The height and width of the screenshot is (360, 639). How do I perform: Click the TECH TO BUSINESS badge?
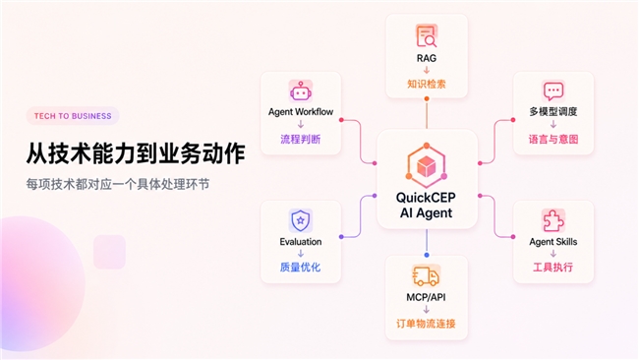coord(73,116)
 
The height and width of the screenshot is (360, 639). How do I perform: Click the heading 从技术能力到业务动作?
coord(136,153)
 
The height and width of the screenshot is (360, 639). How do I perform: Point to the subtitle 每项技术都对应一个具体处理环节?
coord(118,184)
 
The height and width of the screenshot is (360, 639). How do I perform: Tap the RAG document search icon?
coord(427,35)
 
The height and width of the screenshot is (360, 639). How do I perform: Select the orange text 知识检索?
coord(427,84)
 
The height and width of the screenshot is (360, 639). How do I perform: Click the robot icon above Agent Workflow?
coord(301,90)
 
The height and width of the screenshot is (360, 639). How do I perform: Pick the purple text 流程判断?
coord(301,140)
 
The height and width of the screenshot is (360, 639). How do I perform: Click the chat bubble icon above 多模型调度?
coord(553,90)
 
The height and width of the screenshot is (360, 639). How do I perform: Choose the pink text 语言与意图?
coord(553,140)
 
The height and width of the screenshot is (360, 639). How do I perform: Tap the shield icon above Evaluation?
coord(301,220)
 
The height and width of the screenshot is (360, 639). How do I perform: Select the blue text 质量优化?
coord(301,268)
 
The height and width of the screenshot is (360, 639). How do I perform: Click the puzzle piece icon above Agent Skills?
coord(553,220)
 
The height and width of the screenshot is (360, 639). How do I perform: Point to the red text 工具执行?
coord(553,268)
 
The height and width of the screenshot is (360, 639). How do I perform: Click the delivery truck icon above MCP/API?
coord(427,275)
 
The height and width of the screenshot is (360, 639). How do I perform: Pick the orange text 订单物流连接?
coord(427,324)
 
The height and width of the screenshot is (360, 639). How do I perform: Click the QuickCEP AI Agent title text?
coord(427,205)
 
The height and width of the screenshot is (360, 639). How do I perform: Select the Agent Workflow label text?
coord(301,112)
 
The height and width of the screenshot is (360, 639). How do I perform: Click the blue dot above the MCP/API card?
coord(427,255)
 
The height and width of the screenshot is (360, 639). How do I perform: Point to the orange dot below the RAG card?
coord(427,98)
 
